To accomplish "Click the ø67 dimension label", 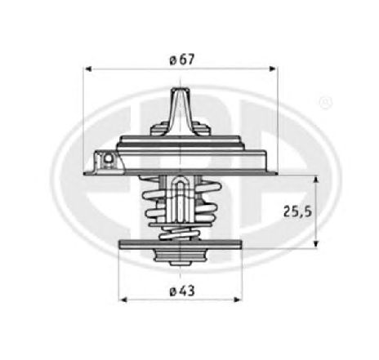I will coord(181,59).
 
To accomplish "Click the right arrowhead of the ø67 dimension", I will coord(274,70).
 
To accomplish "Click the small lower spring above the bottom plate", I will coord(181,233).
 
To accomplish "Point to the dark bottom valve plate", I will coord(181,244).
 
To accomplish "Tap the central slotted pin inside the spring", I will coord(180,196).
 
